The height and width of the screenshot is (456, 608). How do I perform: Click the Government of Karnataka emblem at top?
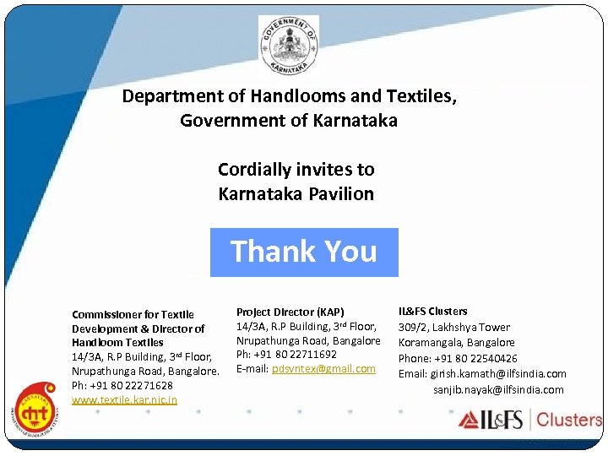[x=289, y=46]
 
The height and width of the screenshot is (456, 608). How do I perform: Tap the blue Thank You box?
[x=304, y=252]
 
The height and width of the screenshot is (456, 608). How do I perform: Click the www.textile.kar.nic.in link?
[x=124, y=399]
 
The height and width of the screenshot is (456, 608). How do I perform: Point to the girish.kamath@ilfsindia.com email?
[x=497, y=373]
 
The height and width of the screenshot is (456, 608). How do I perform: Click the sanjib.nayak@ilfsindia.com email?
[x=498, y=389]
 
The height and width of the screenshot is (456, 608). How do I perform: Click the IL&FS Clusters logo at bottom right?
[x=530, y=420]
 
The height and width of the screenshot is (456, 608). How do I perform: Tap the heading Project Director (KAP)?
[x=290, y=312]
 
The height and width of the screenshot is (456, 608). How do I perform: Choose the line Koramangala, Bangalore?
[x=456, y=342]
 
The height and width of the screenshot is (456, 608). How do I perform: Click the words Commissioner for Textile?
[x=133, y=314]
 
